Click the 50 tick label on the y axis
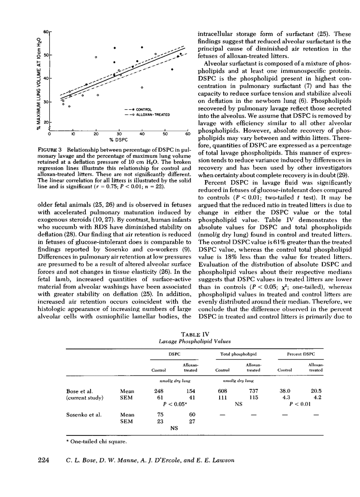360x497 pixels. tap(45, 55)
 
